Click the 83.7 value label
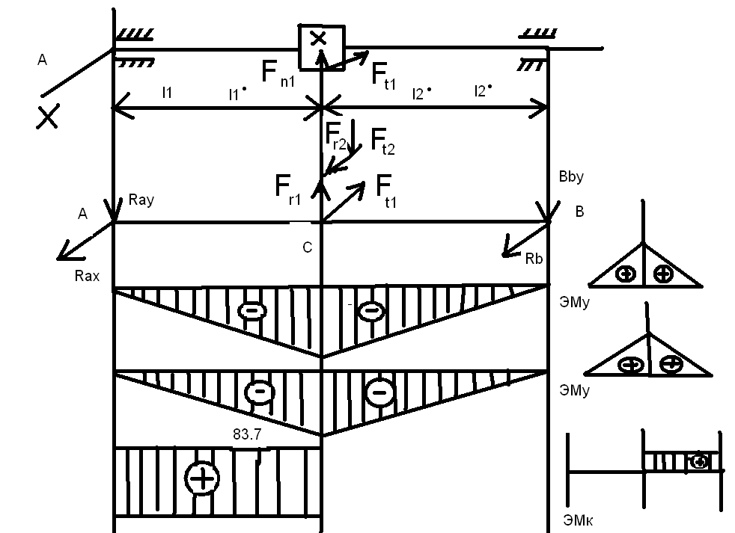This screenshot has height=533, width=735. [x=247, y=434]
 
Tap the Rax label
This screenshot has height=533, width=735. [x=87, y=276]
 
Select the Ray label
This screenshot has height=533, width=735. [x=141, y=200]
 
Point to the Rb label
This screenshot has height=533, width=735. [x=534, y=259]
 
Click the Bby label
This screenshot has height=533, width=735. [x=571, y=176]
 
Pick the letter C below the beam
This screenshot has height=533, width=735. [x=308, y=247]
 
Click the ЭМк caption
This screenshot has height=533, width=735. [x=578, y=520]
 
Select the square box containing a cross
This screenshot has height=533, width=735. [x=322, y=47]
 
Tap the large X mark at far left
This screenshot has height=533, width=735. [x=48, y=117]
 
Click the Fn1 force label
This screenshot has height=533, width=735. [x=278, y=73]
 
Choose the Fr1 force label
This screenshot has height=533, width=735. [x=288, y=190]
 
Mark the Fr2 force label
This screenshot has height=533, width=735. [x=335, y=136]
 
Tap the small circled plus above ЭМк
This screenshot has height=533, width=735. [x=699, y=462]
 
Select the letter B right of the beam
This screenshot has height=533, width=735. [x=580, y=212]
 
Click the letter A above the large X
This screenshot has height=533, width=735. [x=42, y=60]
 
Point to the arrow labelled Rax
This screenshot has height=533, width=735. [x=85, y=241]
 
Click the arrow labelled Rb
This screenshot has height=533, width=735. [x=525, y=240]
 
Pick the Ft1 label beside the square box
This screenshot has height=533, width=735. [x=383, y=76]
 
